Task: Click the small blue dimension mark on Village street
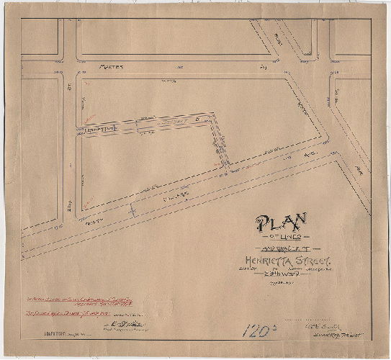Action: click(132, 210)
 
